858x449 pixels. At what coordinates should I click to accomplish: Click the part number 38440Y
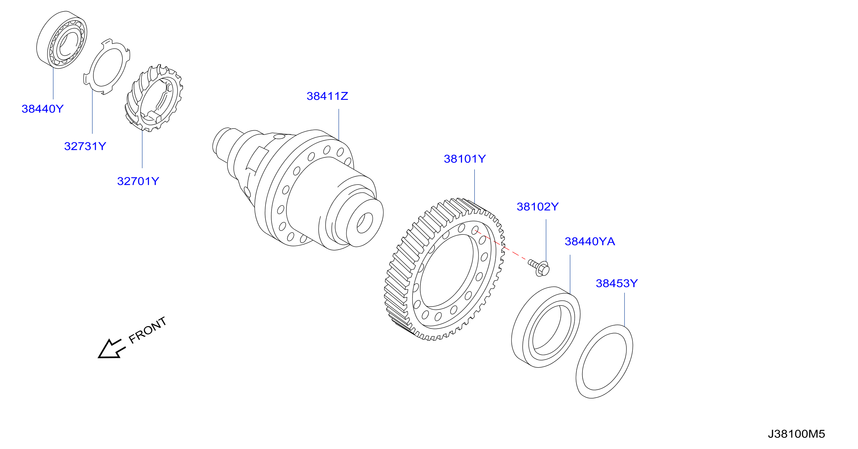coord(42,109)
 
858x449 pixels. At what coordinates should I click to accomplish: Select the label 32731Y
coord(85,146)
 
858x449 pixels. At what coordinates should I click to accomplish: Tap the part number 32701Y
coord(138,181)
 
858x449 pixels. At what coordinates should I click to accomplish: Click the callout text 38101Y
coord(465,159)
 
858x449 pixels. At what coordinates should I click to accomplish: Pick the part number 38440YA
coord(589,241)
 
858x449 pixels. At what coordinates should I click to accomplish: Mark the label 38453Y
coord(617,283)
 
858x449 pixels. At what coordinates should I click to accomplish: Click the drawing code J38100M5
coord(796,434)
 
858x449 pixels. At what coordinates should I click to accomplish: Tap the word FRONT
coord(147,330)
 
